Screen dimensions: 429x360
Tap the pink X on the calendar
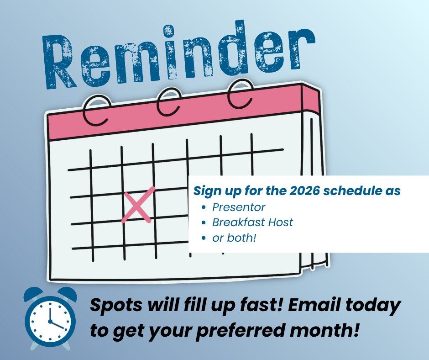tap(138, 205)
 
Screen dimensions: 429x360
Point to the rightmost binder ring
tap(240, 93)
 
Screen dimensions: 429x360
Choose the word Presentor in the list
tap(239, 207)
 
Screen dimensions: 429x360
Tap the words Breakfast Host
tap(252, 222)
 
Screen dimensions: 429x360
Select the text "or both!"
tap(234, 238)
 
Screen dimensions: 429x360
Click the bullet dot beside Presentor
tap(203, 207)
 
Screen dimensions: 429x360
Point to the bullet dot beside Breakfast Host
tap(203, 222)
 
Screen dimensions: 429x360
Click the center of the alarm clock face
tap(50, 321)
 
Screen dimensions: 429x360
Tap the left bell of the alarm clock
tap(33, 294)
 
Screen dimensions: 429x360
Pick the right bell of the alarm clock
tap(67, 294)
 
